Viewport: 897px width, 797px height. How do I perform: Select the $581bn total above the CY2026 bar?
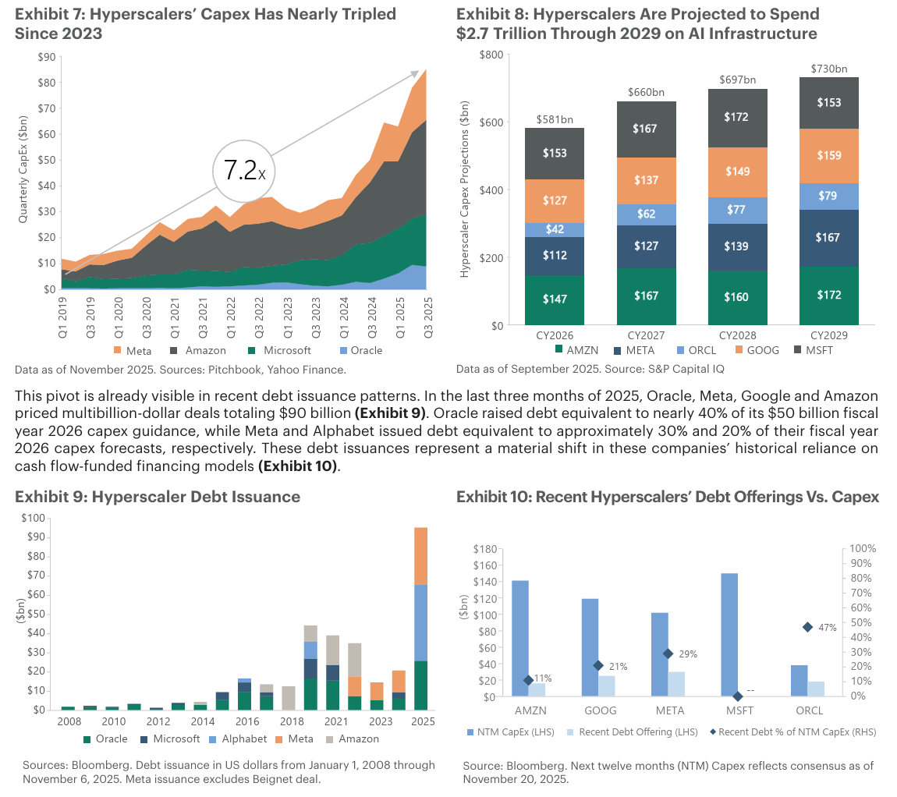click(554, 120)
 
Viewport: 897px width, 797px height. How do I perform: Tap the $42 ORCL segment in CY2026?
click(554, 230)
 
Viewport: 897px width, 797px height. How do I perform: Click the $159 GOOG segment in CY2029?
click(828, 155)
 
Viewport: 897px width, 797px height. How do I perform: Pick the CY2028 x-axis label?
click(737, 336)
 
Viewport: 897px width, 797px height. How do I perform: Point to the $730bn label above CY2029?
click(828, 69)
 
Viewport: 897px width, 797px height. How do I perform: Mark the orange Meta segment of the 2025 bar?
click(420, 556)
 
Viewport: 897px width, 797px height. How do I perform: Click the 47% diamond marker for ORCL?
click(807, 627)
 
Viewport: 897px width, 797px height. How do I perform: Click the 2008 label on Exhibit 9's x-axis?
click(68, 721)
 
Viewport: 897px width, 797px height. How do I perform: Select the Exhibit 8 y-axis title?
click(465, 190)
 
